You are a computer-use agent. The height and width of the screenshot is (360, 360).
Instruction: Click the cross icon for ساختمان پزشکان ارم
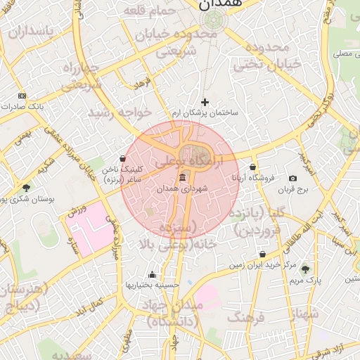click(205, 102)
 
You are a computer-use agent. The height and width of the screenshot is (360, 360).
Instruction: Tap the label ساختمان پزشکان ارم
click(205, 112)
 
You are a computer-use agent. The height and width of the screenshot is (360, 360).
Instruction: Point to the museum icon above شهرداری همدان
click(183, 178)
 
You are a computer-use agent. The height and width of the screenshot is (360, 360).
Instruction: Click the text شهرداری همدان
click(183, 188)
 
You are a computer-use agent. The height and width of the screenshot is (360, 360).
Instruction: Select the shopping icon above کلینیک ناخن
click(123, 159)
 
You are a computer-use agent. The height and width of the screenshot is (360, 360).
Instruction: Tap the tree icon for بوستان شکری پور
click(27, 188)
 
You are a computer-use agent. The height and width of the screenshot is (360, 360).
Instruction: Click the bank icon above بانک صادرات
click(22, 96)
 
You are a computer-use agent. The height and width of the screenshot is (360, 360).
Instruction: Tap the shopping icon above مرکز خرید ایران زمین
click(262, 255)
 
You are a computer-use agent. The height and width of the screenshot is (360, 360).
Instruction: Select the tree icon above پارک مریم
click(304, 269)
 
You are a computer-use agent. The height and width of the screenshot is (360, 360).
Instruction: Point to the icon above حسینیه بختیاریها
click(153, 275)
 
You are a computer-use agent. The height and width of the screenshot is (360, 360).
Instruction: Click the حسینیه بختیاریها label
click(153, 285)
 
